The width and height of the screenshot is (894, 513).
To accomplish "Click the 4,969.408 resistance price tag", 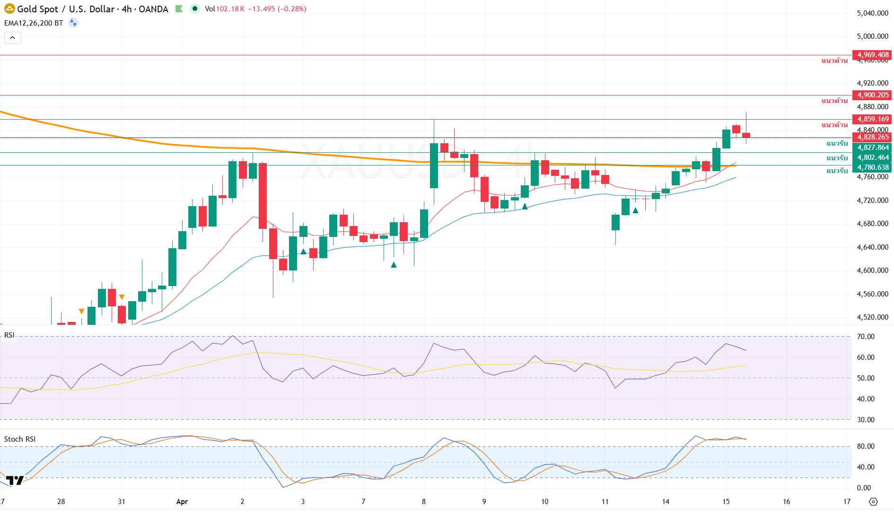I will coord(872,55).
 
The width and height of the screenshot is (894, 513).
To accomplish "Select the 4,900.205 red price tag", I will coord(872,95).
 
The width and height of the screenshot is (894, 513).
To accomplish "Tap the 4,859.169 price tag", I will coord(872,119).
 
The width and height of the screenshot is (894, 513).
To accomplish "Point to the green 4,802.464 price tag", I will coord(872,157).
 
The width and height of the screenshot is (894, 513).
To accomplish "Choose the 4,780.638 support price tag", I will coord(872,167).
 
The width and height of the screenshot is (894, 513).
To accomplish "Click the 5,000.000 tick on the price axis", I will coord(872,36).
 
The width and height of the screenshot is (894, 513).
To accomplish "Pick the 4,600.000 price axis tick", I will coord(872,270).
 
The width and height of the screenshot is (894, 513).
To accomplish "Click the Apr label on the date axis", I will coord(182,502).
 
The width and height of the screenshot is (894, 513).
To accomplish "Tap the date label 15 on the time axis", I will coord(726,502).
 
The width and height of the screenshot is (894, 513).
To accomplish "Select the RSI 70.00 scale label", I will coord(866,337).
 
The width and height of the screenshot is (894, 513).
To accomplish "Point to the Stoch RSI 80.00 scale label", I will coord(866,446).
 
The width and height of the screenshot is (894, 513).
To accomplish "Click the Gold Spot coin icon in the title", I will coord(9,9).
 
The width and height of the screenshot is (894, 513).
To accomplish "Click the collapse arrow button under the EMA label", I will coord(13,38).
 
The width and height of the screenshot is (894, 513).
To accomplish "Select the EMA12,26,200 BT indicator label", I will coord(34,23).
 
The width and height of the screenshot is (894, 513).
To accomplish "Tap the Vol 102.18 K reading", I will coord(225,9).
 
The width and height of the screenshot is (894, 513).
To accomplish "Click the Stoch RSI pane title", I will coord(20,439).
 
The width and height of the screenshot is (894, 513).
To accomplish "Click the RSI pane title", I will coord(9,335).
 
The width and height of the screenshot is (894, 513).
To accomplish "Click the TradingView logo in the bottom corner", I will coord(15,481).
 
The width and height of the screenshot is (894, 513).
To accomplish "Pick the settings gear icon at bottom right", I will coord(873,502).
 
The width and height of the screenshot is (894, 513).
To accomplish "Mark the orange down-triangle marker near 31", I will coord(122,297).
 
